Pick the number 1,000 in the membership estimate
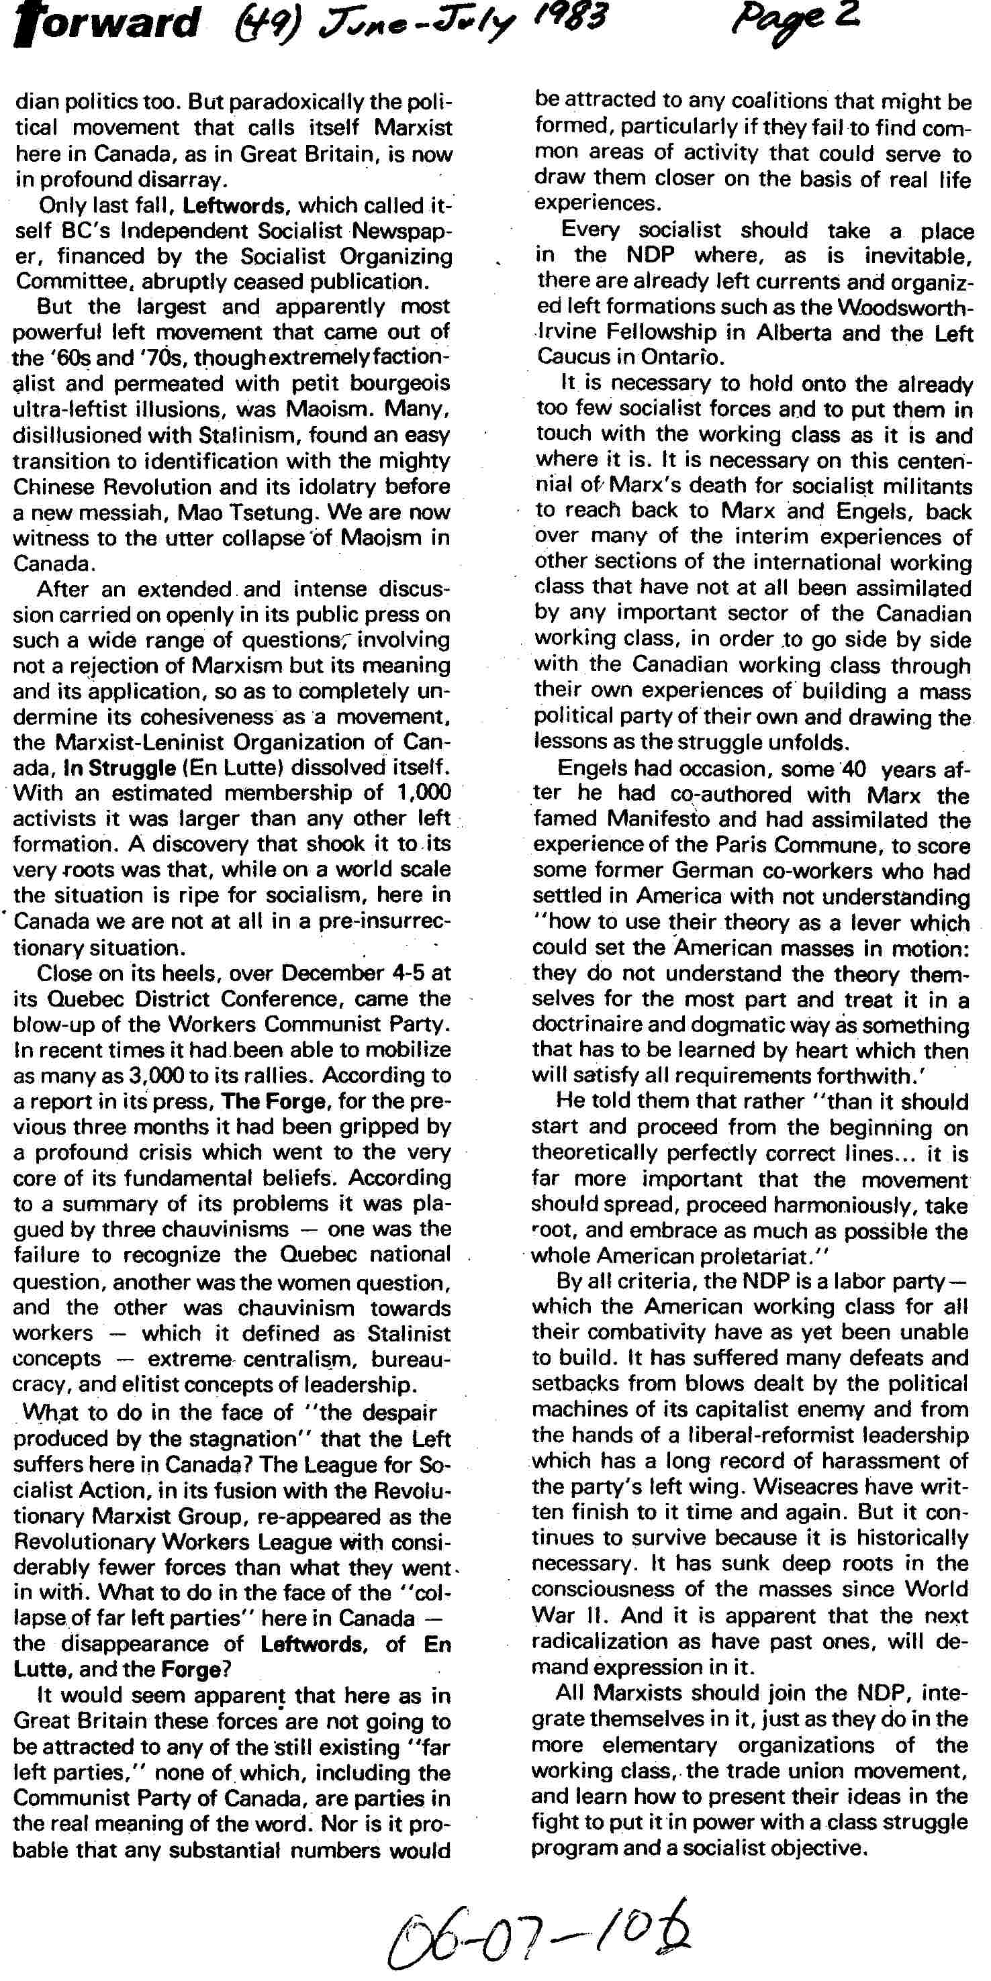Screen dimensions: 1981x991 (424, 793)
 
